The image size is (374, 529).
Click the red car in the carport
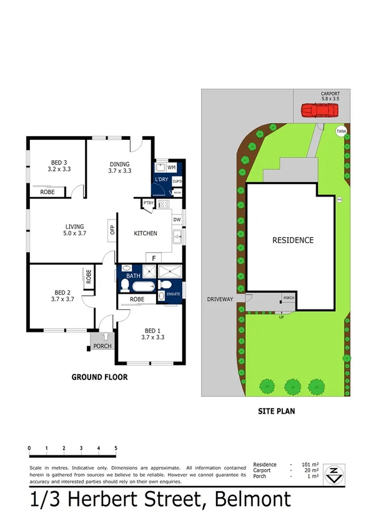click(x=319, y=111)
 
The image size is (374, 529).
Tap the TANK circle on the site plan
click(x=341, y=131)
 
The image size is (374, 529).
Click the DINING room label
click(x=119, y=167)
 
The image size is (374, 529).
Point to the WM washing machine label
click(x=172, y=168)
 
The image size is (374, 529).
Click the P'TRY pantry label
click(x=149, y=203)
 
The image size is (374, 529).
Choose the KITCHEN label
click(x=145, y=233)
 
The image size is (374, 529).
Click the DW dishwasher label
click(x=177, y=220)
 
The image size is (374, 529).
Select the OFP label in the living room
click(x=113, y=228)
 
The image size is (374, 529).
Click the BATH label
click(x=133, y=275)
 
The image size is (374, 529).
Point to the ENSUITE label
click(x=174, y=294)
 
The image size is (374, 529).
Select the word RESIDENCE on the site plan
click(x=292, y=240)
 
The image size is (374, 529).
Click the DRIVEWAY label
click(x=220, y=299)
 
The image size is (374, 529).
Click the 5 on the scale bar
click(x=116, y=448)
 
